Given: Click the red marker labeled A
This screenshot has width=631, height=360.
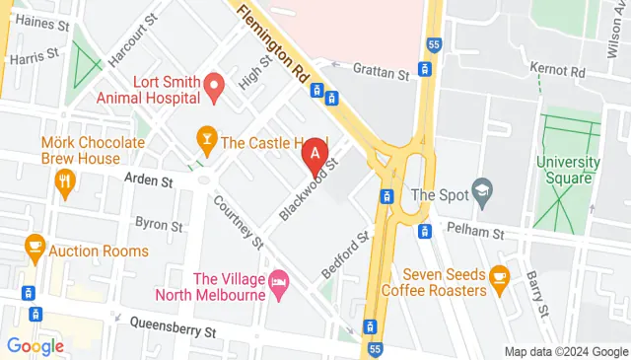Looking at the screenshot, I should click(x=314, y=154).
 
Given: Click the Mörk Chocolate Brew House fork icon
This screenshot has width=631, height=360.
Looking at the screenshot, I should click(x=66, y=180).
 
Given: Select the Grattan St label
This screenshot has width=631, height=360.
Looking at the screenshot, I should click(x=381, y=72).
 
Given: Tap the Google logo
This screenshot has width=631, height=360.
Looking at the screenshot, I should click(x=35, y=346).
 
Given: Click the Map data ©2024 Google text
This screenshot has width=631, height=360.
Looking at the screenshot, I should click(x=566, y=352).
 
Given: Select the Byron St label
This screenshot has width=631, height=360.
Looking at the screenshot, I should click(x=160, y=223).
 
